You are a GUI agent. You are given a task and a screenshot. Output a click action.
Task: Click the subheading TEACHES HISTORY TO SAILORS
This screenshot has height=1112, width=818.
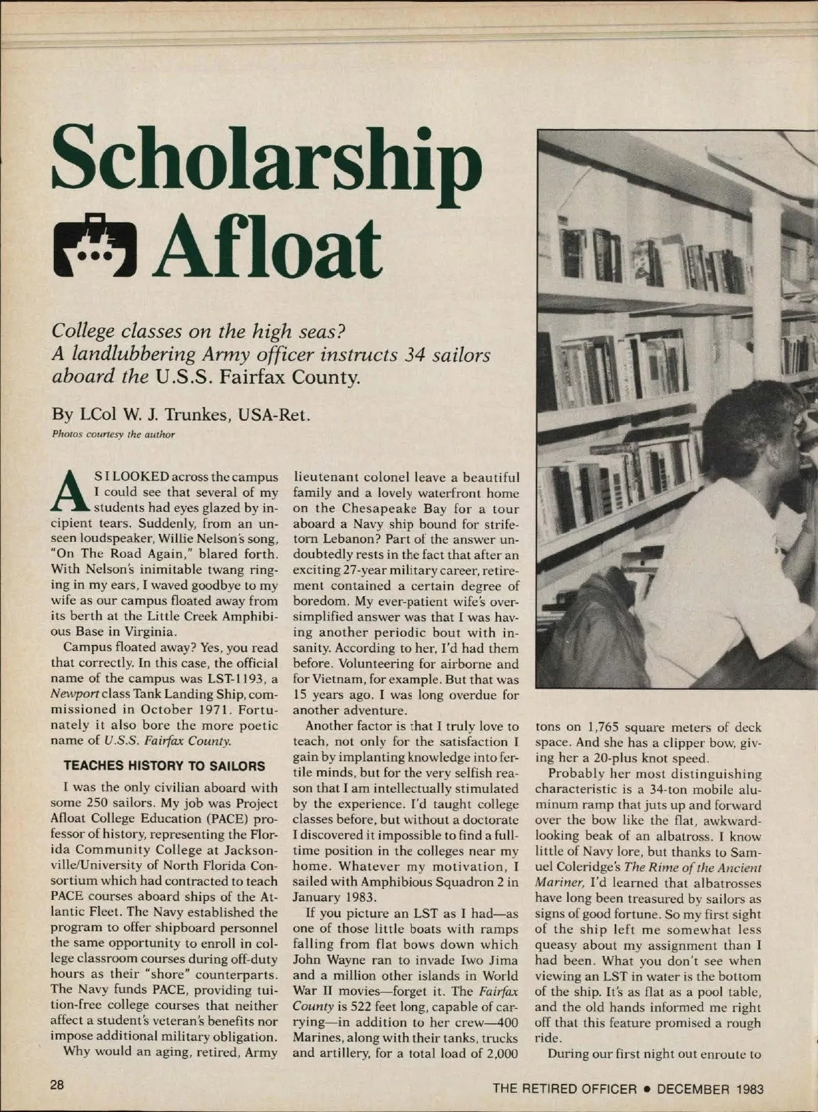coord(164,766)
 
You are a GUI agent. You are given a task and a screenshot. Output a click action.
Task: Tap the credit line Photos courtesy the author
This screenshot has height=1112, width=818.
coord(113,434)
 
